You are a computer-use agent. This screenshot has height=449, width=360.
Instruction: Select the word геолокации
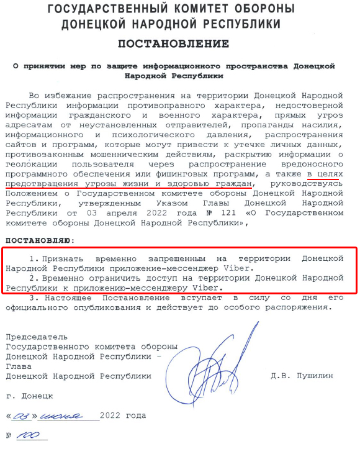tap(30, 163)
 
